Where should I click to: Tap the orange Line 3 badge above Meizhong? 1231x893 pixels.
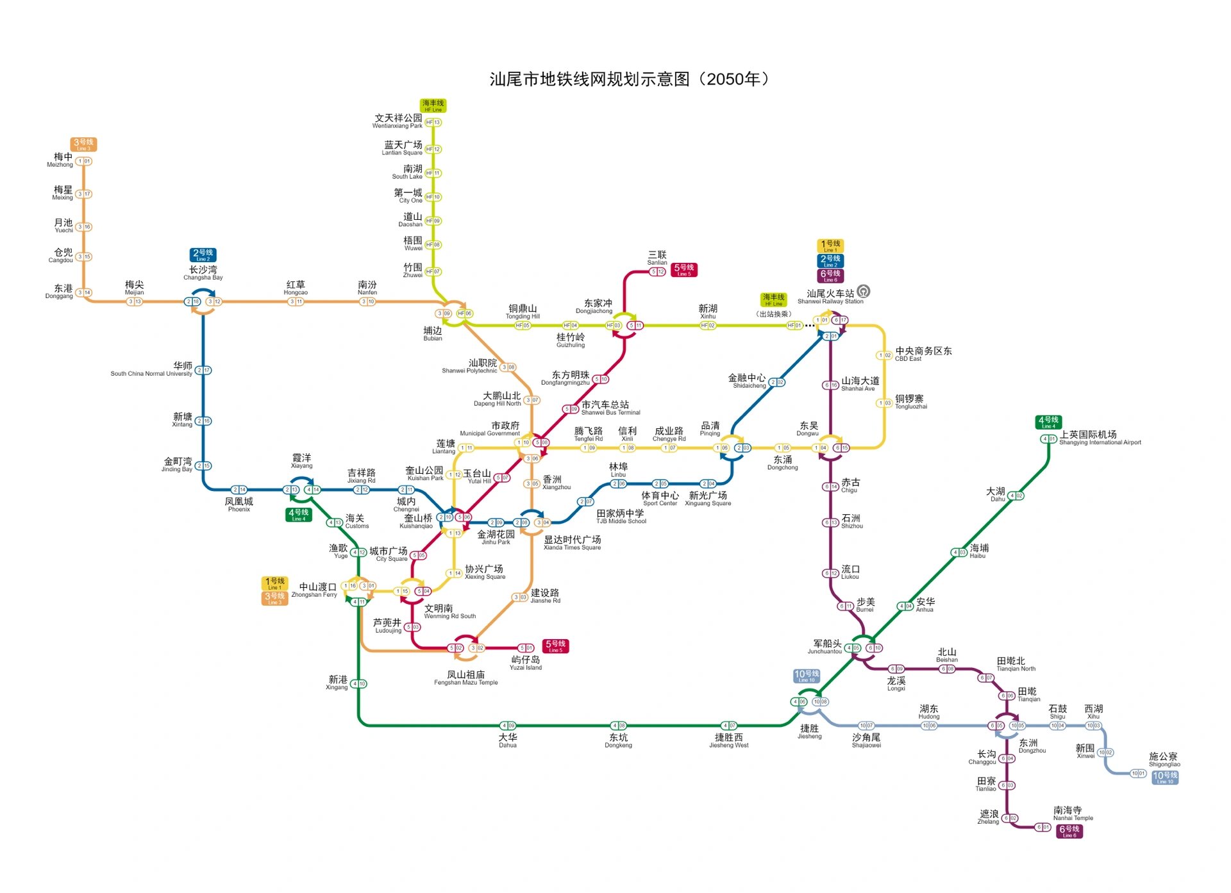click(83, 144)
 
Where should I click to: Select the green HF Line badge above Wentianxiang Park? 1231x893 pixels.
click(433, 105)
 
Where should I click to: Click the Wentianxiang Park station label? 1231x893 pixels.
click(398, 121)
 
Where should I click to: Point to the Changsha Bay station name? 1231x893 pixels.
click(203, 273)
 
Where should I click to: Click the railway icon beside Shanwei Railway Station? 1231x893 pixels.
click(864, 291)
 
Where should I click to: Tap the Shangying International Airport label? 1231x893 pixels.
click(1100, 438)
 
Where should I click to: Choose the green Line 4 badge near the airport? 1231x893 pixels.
click(1048, 422)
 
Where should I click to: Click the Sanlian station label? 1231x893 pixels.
click(657, 258)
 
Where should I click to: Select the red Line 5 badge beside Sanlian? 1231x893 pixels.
click(684, 270)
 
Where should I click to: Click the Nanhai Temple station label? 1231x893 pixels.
click(1073, 814)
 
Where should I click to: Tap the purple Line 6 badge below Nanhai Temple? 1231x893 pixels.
click(1069, 831)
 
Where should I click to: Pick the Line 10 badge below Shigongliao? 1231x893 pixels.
click(1165, 778)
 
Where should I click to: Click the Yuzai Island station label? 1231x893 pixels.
click(526, 663)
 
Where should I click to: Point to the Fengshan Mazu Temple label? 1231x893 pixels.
click(466, 678)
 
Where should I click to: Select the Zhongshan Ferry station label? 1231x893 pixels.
click(315, 590)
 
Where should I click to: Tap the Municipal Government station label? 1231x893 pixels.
click(491, 429)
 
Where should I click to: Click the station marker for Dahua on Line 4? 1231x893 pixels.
click(508, 726)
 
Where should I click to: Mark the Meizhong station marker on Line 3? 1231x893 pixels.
click(84, 162)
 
